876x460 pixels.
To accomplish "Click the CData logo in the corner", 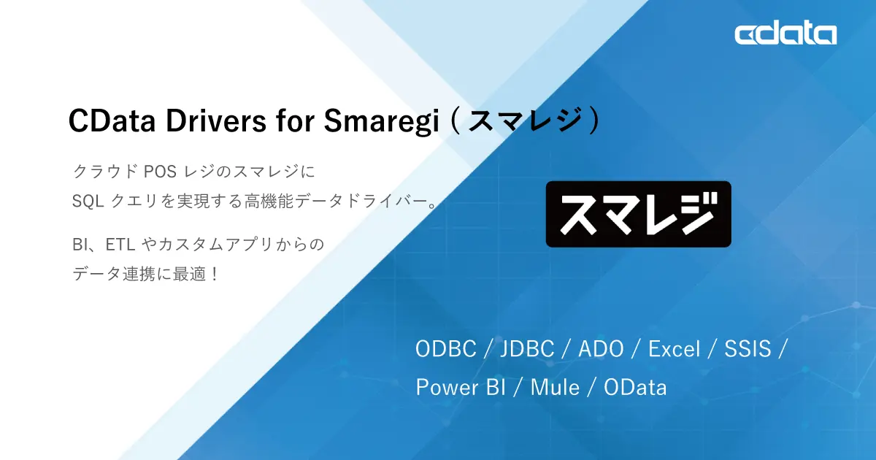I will (x=785, y=34).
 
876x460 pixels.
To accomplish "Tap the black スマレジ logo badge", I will (x=638, y=214).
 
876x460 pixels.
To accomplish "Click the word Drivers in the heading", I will (x=216, y=121).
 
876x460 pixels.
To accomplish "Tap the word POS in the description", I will (x=160, y=172).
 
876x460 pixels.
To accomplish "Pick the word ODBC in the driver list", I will (x=445, y=349).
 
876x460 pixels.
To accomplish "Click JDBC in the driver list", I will (x=528, y=349).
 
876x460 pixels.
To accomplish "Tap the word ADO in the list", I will (x=601, y=349).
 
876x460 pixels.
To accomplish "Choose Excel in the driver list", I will (x=674, y=349).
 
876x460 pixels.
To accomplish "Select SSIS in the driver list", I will (x=748, y=349).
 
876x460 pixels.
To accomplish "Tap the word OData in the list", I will (x=635, y=387).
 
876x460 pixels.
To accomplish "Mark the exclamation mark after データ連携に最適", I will (x=214, y=275).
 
